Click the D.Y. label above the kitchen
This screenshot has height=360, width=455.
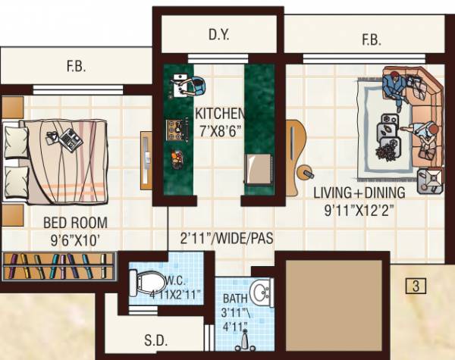[x=218, y=34]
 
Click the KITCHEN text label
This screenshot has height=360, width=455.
[x=219, y=114]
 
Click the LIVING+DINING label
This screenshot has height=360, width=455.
[x=359, y=193]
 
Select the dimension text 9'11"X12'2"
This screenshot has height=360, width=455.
[x=359, y=208]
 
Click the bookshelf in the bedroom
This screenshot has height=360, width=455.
[x=58, y=267]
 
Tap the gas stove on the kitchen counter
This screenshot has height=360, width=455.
[x=177, y=128]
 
